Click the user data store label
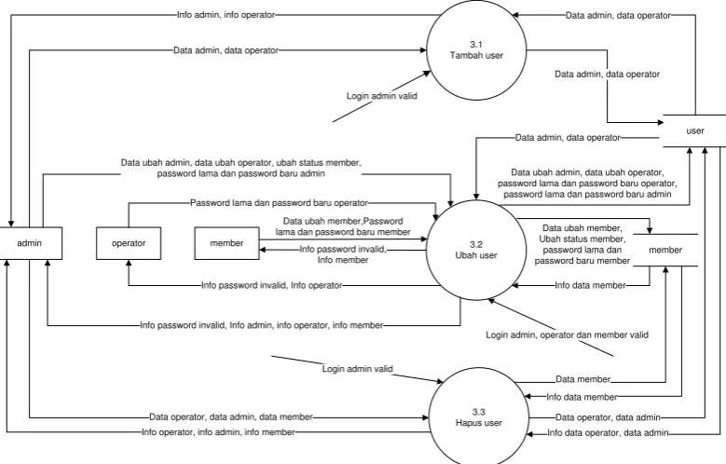click(695, 131)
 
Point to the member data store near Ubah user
click(665, 250)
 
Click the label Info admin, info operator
click(226, 15)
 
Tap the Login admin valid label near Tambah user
click(381, 96)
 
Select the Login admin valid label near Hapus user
click(358, 369)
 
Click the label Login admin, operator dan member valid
click(567, 334)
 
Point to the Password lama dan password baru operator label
click(280, 203)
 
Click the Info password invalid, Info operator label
click(272, 285)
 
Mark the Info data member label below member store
click(590, 285)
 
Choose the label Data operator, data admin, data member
click(231, 416)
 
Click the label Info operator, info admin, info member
click(218, 432)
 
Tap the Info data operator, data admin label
click(608, 433)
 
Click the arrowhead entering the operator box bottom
click(129, 263)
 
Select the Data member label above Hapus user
click(582, 379)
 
